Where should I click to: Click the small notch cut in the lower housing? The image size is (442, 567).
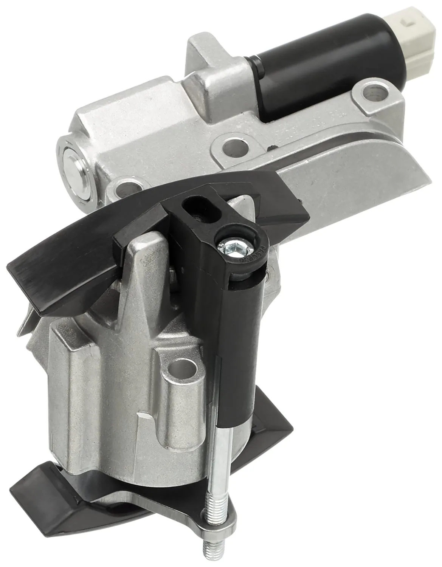point(142,416)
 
